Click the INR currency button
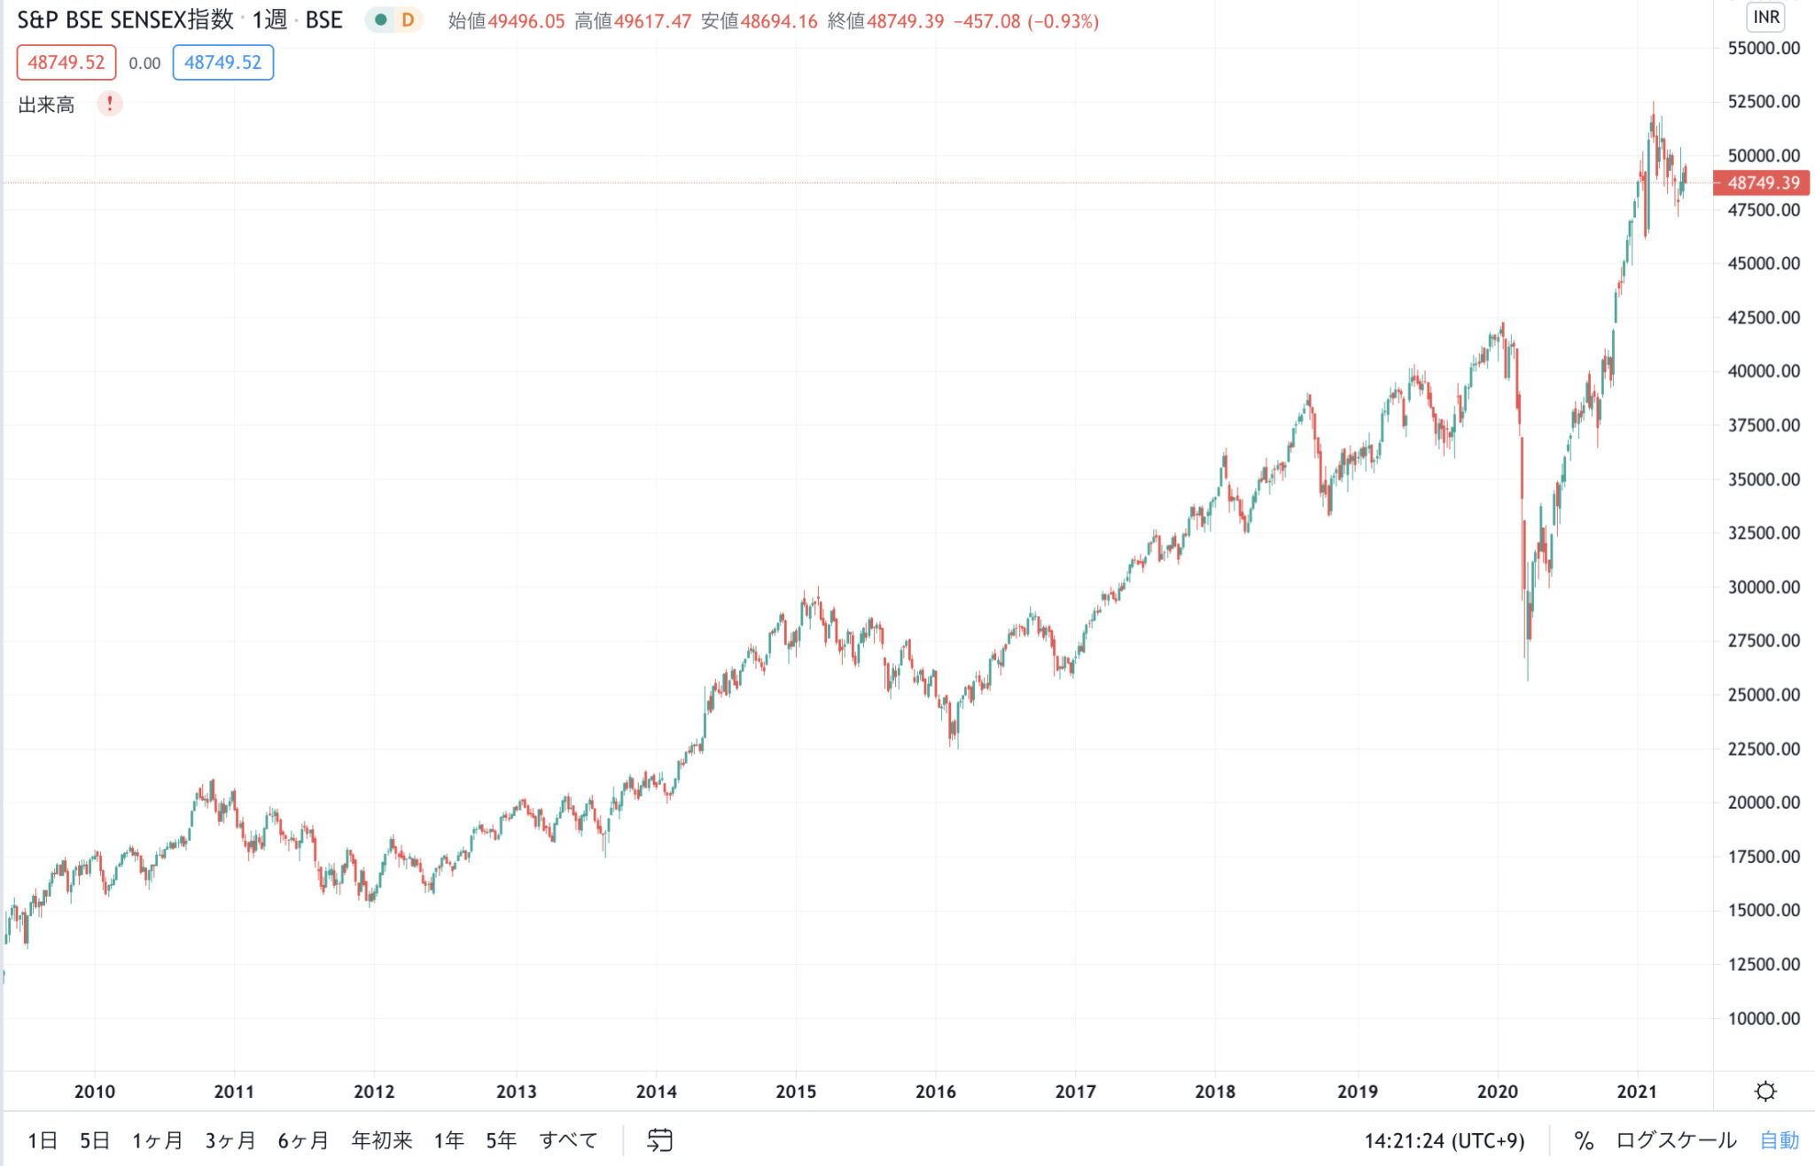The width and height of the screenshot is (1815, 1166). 1765,18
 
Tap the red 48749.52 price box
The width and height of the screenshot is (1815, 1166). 66,63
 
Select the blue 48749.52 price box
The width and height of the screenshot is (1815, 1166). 222,63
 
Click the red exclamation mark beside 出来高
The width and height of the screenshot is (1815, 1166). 110,104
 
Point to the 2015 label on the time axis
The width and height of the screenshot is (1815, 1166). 796,1092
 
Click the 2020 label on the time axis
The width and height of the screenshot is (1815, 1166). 1497,1092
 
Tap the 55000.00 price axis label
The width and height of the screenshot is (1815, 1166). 1764,48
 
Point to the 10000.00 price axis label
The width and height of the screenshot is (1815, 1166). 1764,1018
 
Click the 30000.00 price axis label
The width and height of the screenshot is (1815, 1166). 1764,587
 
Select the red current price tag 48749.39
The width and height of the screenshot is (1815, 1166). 1762,183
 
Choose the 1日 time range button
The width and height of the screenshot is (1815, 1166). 43,1140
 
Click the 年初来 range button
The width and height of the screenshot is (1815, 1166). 382,1140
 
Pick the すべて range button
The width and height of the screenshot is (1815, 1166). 568,1140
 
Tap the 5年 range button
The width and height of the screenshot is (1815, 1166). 501,1140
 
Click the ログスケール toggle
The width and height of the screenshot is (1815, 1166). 1676,1140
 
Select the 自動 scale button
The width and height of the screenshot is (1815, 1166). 1780,1140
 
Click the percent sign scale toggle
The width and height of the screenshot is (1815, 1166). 1584,1140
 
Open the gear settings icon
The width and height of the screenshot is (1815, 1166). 1765,1092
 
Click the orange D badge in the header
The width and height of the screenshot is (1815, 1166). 408,20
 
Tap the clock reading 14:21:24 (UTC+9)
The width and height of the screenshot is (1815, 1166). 1444,1140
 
